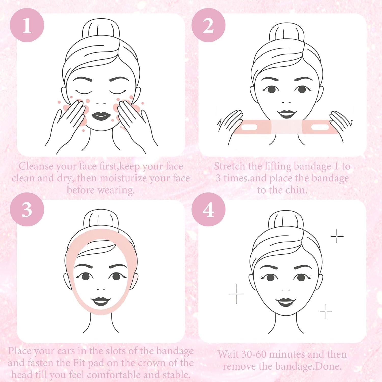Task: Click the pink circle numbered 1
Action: tap(27, 25)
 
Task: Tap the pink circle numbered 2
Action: tap(208, 25)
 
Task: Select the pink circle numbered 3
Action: tap(27, 209)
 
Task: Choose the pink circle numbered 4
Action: tap(208, 209)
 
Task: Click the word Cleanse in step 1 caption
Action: tap(36, 166)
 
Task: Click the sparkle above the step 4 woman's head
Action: tap(337, 236)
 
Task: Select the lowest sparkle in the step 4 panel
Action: tap(326, 311)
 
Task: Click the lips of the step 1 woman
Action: tap(101, 116)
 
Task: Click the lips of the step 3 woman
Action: tap(101, 302)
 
